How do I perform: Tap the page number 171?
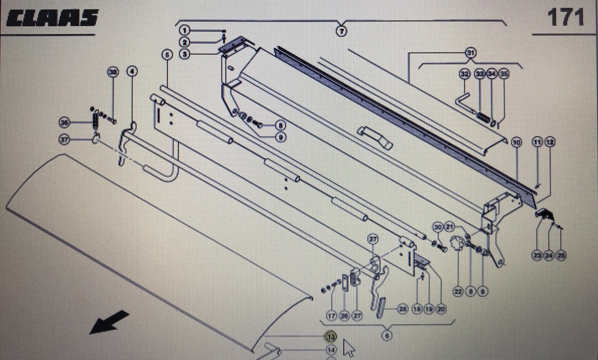[x=565, y=17]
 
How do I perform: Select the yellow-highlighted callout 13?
[x=331, y=337]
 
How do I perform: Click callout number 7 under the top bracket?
[x=341, y=31]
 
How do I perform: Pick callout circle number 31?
[x=470, y=53]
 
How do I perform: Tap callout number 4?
[x=132, y=71]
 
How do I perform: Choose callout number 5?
[x=167, y=55]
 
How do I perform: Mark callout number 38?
[x=113, y=71]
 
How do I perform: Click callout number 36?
[x=65, y=122]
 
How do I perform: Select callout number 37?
[x=65, y=139]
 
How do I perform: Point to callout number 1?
[x=184, y=31]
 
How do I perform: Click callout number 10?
[x=517, y=143]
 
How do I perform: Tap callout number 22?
[x=458, y=291]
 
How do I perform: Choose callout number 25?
[x=560, y=256]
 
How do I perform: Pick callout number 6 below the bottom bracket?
[x=387, y=336]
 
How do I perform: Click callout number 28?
[x=402, y=309]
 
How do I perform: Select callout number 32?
[x=464, y=74]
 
